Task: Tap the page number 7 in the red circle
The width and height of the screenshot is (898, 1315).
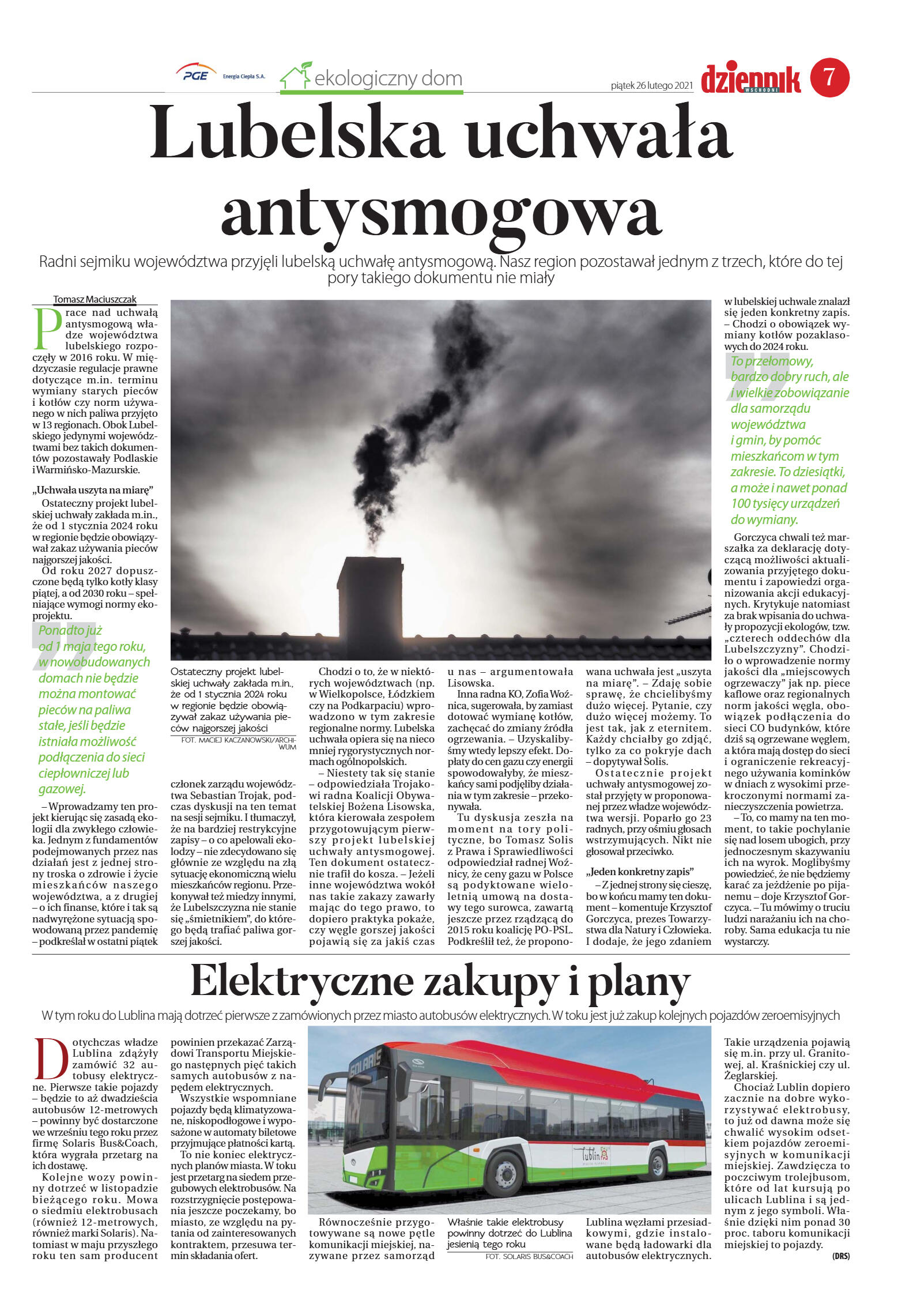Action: click(x=829, y=77)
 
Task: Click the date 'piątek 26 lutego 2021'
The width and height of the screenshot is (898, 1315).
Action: click(x=652, y=86)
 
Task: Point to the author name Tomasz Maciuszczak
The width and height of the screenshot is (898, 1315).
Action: click(x=95, y=299)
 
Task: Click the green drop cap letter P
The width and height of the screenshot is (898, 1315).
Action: click(x=47, y=329)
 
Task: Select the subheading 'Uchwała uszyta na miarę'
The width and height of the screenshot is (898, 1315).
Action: click(x=93, y=491)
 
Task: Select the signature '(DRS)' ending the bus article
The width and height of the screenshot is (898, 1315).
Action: click(x=840, y=1257)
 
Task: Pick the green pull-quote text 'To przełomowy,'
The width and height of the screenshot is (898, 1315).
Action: click(x=772, y=361)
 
